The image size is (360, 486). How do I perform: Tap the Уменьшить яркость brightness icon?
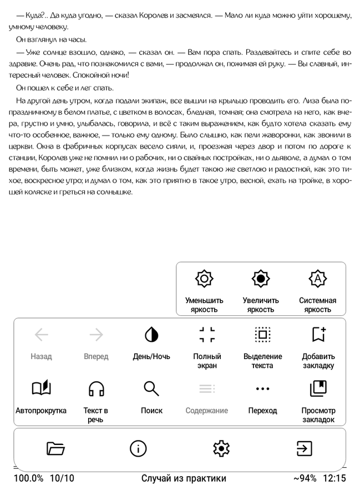204,279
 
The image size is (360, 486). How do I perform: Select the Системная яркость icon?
317,279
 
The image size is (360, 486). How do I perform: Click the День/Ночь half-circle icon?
151,334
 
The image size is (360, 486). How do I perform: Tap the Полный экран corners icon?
207,334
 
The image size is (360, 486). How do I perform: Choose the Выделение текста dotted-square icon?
262,334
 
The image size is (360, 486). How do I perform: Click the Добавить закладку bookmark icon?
318,334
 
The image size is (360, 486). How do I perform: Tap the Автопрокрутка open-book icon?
41,389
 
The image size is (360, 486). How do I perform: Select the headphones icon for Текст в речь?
96,389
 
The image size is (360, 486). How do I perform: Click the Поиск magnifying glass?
151,389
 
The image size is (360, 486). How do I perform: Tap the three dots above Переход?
262,389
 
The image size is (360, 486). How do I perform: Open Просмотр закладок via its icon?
318,389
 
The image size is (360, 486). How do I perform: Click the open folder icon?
55,448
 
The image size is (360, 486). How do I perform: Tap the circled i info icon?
138,448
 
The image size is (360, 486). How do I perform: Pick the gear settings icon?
221,448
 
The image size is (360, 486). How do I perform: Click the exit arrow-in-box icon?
304,448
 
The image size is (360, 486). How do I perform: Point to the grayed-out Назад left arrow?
42,334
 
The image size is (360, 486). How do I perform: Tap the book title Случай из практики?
184,478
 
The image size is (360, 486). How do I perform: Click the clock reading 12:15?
334,478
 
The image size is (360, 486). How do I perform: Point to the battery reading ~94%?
305,478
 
